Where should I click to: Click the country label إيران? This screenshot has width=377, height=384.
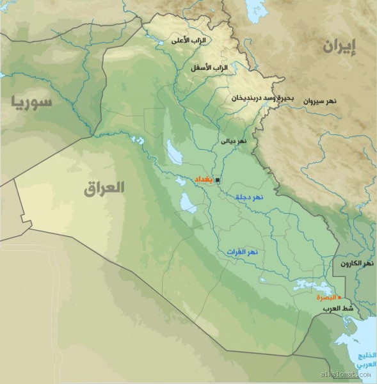338,46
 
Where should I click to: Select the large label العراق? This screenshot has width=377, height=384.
104,188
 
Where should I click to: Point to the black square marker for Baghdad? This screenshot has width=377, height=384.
217,180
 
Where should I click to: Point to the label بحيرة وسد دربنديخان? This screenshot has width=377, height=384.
262,99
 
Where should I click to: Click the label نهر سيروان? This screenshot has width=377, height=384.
337,101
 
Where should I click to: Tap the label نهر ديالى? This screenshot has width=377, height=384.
232,140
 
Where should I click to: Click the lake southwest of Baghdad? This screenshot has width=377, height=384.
188,204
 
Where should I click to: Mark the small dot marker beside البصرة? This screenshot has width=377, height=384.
339,298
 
